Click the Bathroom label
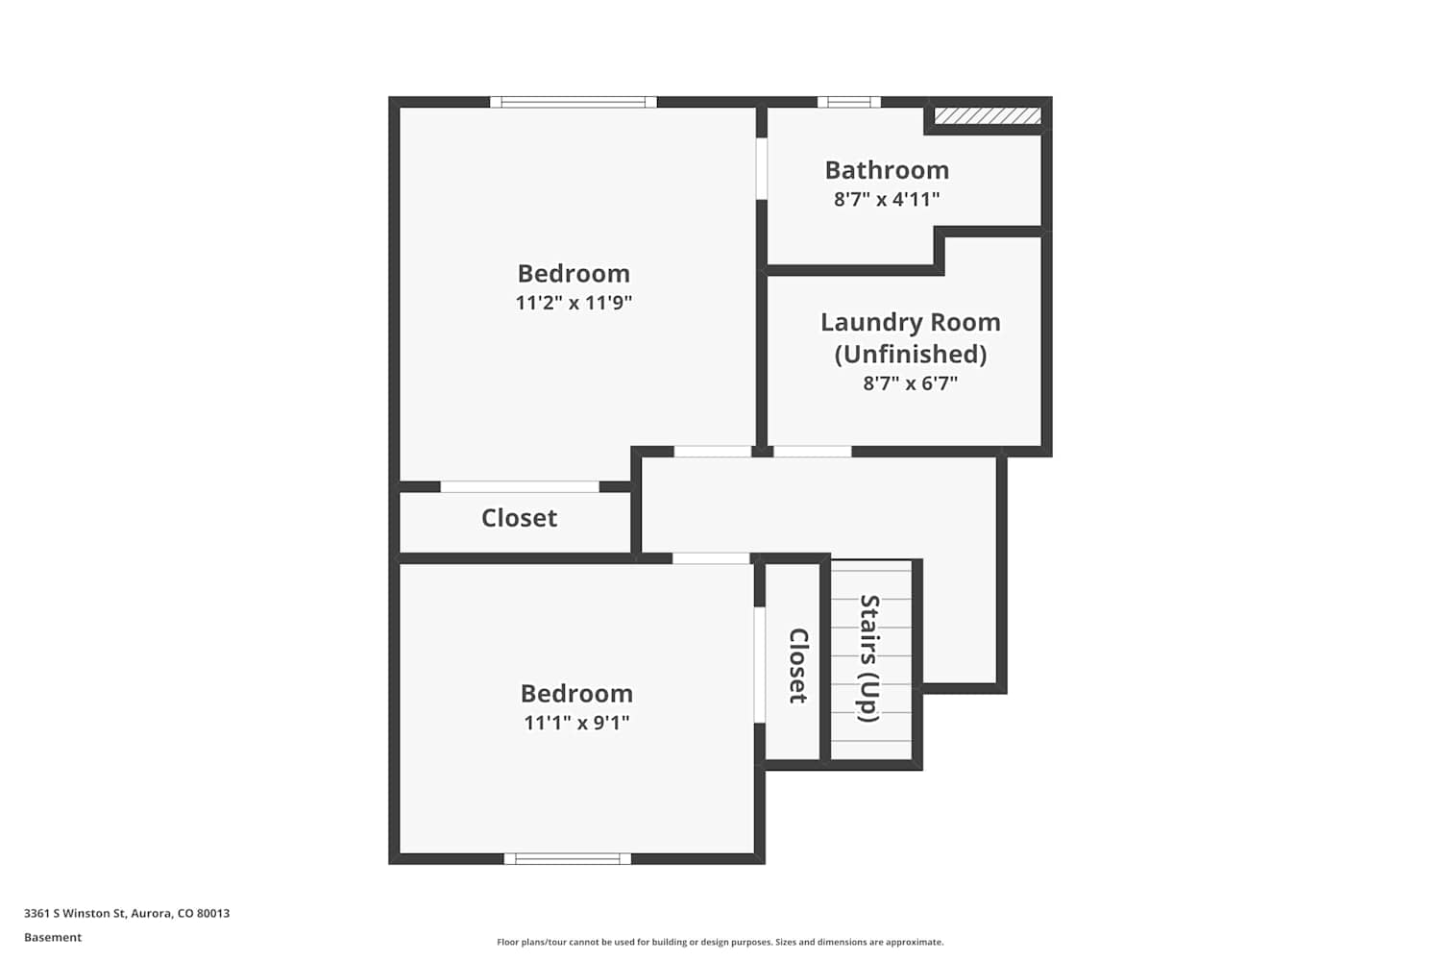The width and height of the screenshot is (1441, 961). [887, 170]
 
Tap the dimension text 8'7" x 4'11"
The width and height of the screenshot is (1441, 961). [887, 200]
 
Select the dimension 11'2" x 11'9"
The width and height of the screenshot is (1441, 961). [574, 303]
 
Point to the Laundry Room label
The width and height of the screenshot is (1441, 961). [911, 322]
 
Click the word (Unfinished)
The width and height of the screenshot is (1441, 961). [911, 354]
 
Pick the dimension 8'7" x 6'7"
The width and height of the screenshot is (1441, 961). [911, 383]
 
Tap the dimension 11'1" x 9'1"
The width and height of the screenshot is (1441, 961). [576, 723]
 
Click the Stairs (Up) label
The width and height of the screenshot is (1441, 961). [869, 658]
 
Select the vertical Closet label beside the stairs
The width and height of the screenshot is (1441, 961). [798, 666]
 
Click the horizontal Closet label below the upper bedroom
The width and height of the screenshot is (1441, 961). [519, 518]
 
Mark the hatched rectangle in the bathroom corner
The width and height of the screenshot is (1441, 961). [988, 116]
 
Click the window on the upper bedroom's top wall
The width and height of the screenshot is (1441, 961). [574, 102]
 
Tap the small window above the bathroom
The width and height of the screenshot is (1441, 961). [849, 102]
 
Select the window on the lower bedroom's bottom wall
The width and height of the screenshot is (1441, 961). [568, 859]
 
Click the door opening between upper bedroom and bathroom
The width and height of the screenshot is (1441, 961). [762, 168]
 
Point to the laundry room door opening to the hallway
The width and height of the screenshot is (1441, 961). [813, 452]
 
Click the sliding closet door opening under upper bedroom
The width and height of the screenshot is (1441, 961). [520, 486]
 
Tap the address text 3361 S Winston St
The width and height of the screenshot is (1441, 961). [75, 913]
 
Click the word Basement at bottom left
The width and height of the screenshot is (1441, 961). [53, 937]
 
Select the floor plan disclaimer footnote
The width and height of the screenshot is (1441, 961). [720, 942]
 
